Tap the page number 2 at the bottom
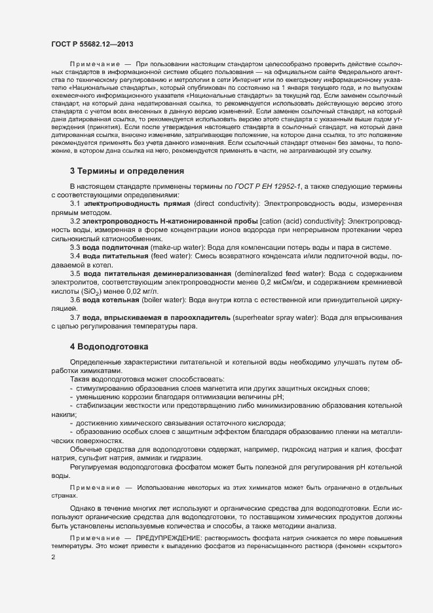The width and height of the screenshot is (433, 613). pos(52,557)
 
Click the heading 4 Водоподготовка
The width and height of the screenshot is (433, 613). pos(109,346)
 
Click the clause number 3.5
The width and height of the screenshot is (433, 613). pos(75,272)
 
